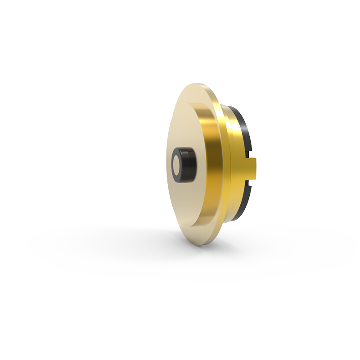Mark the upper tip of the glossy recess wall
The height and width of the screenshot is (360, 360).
pos(193,104)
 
